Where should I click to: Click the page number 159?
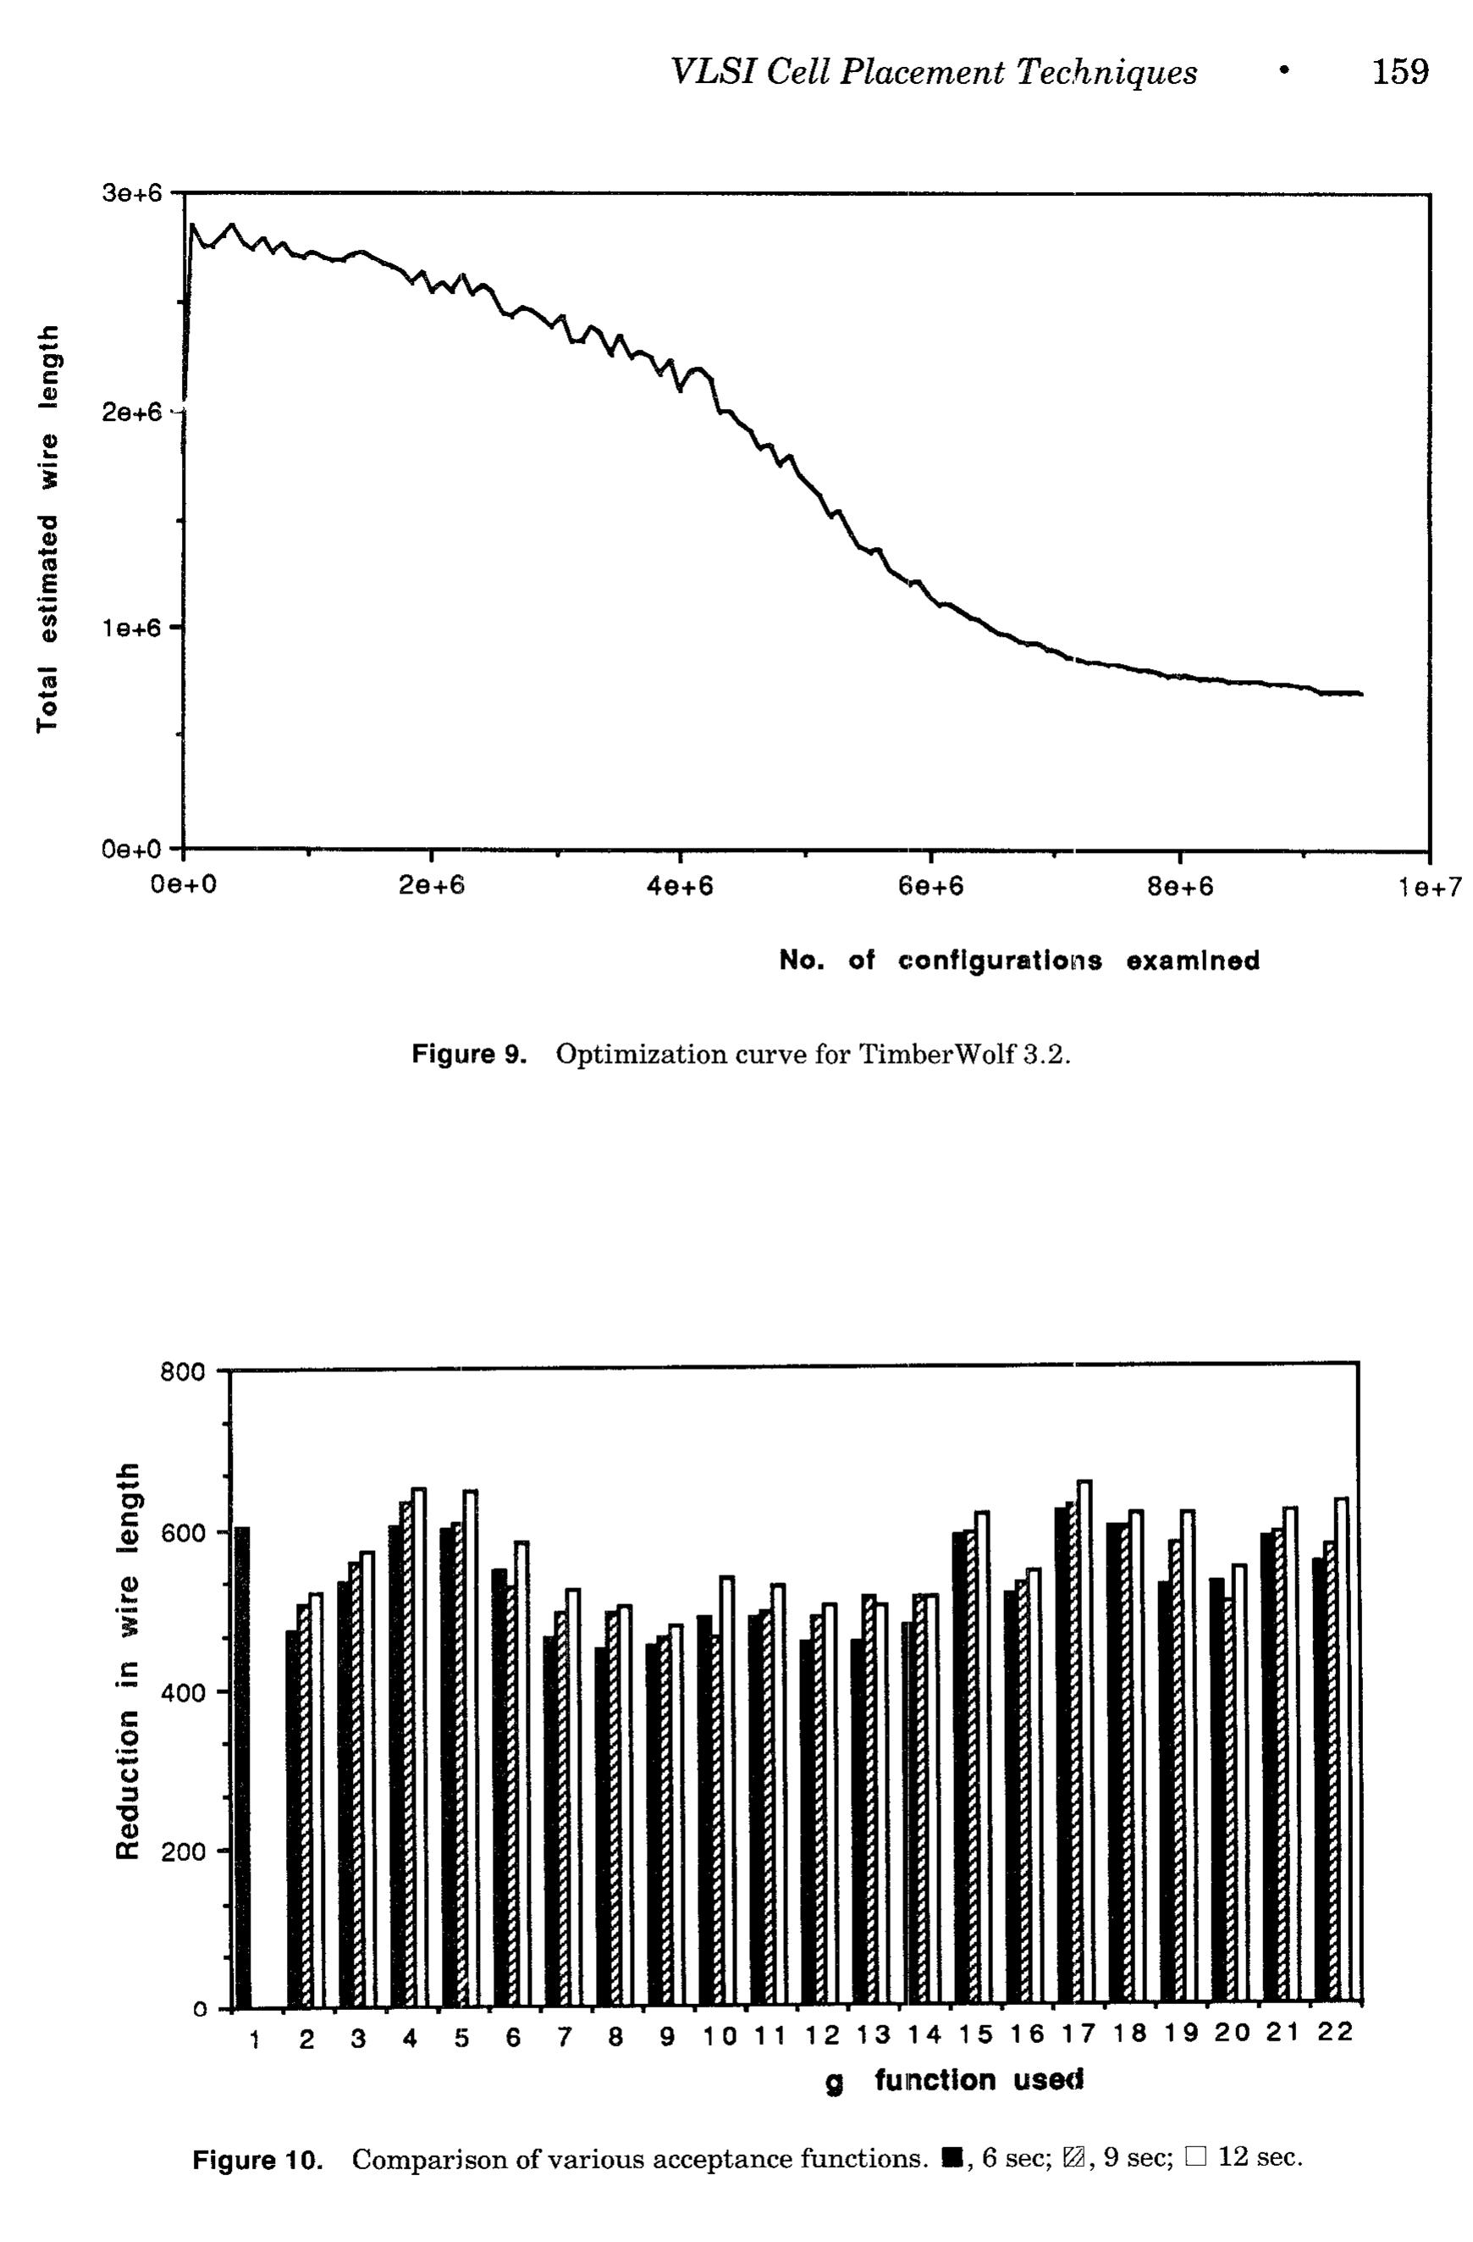(x=1399, y=72)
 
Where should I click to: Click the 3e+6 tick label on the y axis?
(x=131, y=194)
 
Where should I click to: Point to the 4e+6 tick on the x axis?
(x=680, y=888)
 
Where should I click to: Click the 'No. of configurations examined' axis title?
(x=1020, y=960)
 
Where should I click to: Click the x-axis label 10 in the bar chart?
(x=720, y=2035)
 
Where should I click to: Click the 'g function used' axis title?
(x=954, y=2080)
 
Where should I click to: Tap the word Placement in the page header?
(x=919, y=72)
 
